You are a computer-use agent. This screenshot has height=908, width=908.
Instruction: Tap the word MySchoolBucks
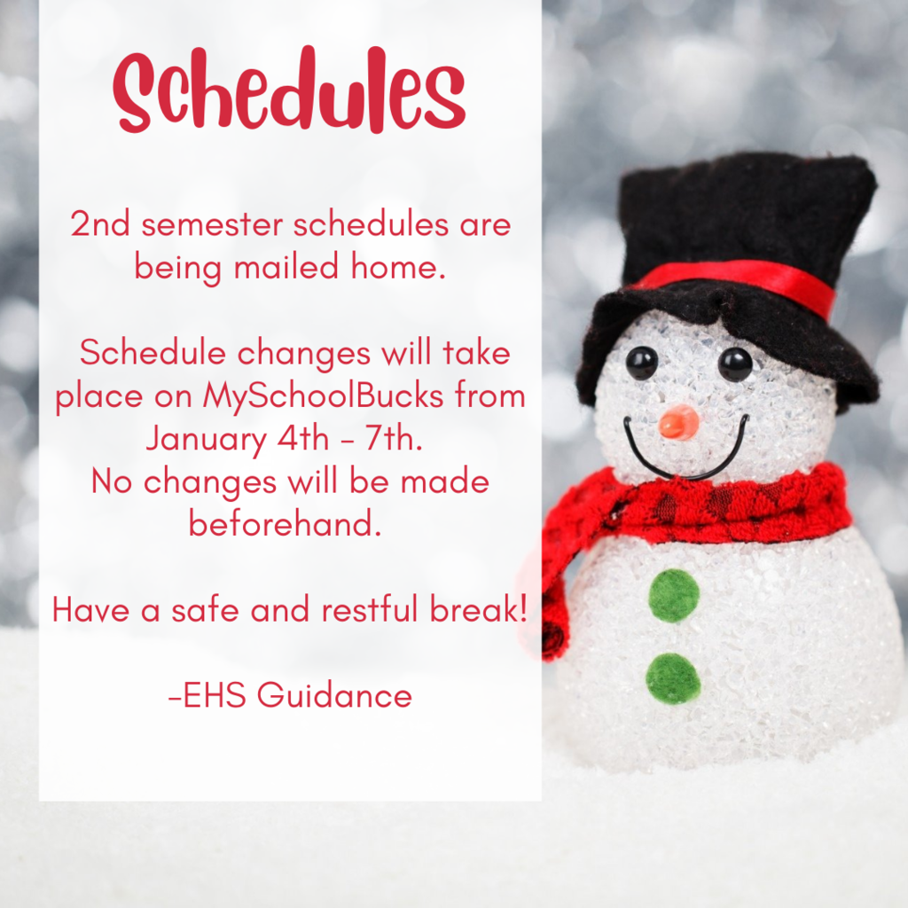click(323, 396)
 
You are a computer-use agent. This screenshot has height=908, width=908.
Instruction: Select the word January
click(206, 439)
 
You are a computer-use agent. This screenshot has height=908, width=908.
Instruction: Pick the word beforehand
click(286, 523)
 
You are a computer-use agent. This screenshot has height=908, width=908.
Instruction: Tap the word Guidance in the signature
click(334, 694)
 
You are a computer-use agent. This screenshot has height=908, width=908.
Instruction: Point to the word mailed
click(286, 267)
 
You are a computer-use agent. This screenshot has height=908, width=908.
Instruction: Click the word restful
click(370, 609)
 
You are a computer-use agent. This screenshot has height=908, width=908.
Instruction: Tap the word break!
click(479, 609)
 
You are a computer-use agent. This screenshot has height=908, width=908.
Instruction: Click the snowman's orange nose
click(678, 423)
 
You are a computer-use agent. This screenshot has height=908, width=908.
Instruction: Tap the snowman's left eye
click(642, 363)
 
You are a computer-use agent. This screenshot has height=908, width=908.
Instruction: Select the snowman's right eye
click(735, 364)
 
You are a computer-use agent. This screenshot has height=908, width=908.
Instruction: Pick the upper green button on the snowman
click(674, 595)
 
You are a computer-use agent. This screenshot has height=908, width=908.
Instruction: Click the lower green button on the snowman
click(673, 678)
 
